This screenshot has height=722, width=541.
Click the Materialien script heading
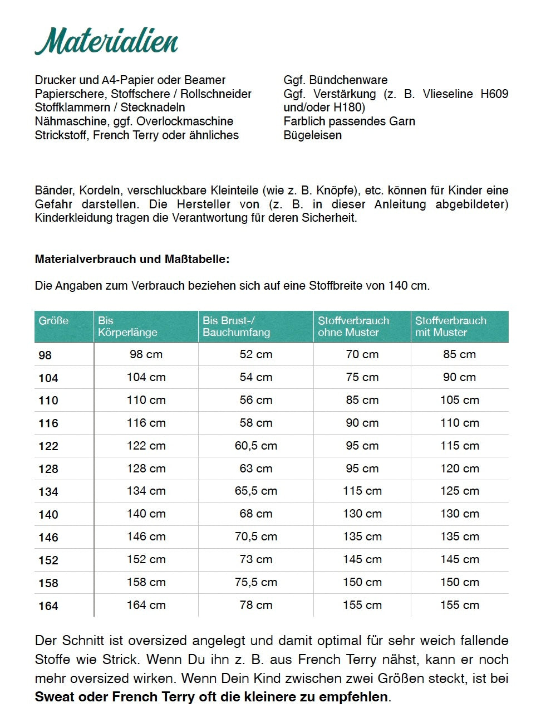(106, 42)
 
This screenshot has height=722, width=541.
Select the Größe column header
(53, 321)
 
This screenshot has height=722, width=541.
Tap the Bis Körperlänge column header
(127, 326)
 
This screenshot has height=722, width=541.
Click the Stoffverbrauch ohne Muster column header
(353, 326)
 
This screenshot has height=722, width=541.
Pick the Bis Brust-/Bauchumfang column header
(236, 326)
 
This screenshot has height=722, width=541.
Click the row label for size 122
(48, 446)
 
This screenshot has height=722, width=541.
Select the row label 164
(48, 606)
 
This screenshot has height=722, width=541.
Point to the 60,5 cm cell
(255, 446)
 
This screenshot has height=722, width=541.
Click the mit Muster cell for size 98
(459, 354)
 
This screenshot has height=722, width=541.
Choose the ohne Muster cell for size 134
(362, 491)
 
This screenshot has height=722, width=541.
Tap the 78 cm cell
(255, 605)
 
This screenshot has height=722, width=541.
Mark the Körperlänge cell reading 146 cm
(146, 536)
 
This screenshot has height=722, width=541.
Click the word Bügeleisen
(312, 135)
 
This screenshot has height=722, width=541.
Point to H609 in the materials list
(494, 94)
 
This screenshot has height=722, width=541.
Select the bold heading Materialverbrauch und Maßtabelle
(132, 259)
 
